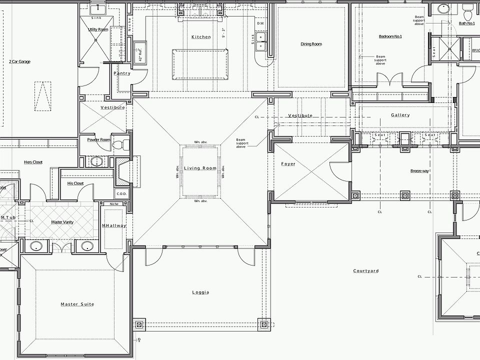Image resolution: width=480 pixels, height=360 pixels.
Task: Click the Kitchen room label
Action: pyautogui.click(x=201, y=37)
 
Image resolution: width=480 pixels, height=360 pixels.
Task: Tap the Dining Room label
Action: pyautogui.click(x=311, y=44)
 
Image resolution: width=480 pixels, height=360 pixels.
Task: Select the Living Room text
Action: pyautogui.click(x=200, y=168)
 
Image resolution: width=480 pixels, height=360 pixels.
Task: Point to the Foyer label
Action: pyautogui.click(x=288, y=164)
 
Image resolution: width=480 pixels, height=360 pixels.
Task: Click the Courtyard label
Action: pyautogui.click(x=366, y=271)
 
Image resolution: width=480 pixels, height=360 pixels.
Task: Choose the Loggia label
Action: pyautogui.click(x=200, y=292)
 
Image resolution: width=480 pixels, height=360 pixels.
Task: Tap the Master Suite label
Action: pyautogui.click(x=77, y=304)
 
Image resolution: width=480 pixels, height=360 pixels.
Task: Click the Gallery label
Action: pyautogui.click(x=400, y=115)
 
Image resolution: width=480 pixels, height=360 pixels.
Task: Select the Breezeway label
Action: pyautogui.click(x=419, y=171)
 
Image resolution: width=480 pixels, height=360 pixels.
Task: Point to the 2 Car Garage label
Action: pyautogui.click(x=19, y=61)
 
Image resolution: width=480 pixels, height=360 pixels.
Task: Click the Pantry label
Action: pyautogui.click(x=122, y=73)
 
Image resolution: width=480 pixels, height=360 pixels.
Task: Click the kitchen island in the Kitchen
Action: pyautogui.click(x=198, y=63)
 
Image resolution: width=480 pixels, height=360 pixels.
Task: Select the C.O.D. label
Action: pyautogui.click(x=122, y=193)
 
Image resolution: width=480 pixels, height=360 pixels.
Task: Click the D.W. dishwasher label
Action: pyautogui.click(x=260, y=23)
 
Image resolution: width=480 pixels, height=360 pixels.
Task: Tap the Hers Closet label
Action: pyautogui.click(x=33, y=162)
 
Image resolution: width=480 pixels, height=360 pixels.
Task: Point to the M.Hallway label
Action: pyautogui.click(x=114, y=225)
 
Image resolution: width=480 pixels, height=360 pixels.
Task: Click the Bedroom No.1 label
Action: pyautogui.click(x=390, y=36)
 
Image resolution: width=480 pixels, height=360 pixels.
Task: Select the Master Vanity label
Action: pyautogui.click(x=62, y=222)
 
